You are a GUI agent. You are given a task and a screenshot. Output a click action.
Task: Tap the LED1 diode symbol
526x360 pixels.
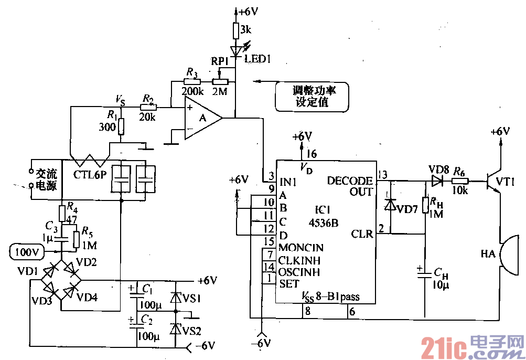237,51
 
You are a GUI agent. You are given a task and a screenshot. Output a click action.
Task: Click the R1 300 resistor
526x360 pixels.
121,126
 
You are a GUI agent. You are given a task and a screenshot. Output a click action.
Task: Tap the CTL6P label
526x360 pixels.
90,175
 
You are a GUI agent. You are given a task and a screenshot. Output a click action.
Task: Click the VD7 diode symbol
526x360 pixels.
389,205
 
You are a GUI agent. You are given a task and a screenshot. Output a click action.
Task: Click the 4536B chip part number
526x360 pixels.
324,222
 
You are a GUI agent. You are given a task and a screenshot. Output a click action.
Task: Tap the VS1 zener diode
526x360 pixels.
175,298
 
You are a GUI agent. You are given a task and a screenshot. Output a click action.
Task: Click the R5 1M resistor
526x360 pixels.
77,239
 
